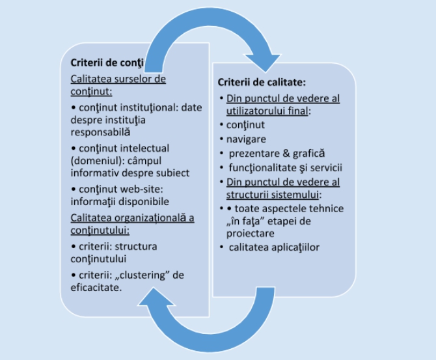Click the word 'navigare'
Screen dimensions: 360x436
pyautogui.click(x=243, y=139)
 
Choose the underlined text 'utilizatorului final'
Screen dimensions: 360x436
pyautogui.click(x=268, y=110)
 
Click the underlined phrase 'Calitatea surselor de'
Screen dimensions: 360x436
pyautogui.click(x=118, y=79)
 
